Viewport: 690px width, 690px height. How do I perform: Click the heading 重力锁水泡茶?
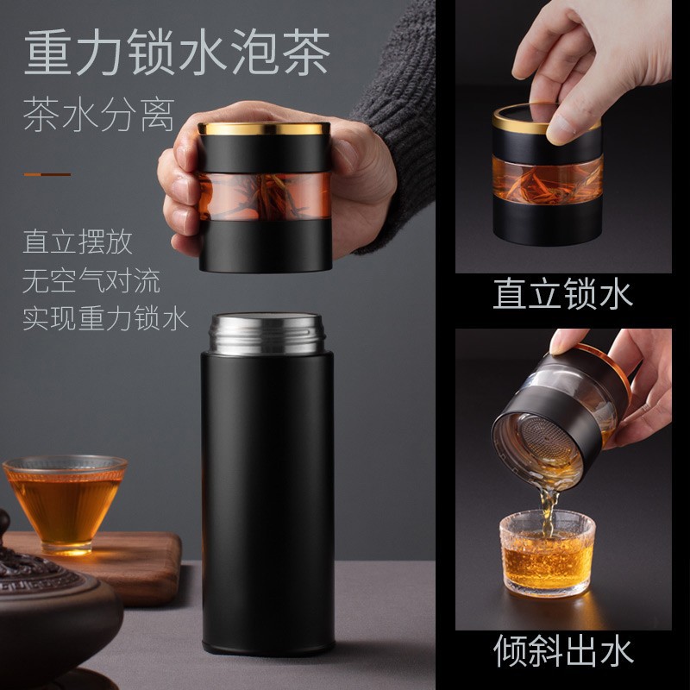[177, 52]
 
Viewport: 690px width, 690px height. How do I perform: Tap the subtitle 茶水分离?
[99, 116]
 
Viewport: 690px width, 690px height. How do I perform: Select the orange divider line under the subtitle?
[47, 175]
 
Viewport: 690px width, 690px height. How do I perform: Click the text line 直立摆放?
[78, 241]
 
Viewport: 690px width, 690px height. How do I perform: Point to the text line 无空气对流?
[91, 280]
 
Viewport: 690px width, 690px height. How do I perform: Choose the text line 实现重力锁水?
[105, 319]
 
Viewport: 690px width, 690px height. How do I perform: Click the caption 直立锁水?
[563, 293]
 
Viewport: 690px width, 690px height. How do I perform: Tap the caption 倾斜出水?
[564, 650]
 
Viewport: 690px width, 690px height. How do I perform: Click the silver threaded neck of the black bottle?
[267, 334]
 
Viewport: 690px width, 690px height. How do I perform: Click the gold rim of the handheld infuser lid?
[264, 128]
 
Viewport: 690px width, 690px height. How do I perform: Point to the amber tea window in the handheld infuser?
[264, 197]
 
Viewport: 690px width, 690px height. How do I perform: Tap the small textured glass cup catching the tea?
[547, 554]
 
